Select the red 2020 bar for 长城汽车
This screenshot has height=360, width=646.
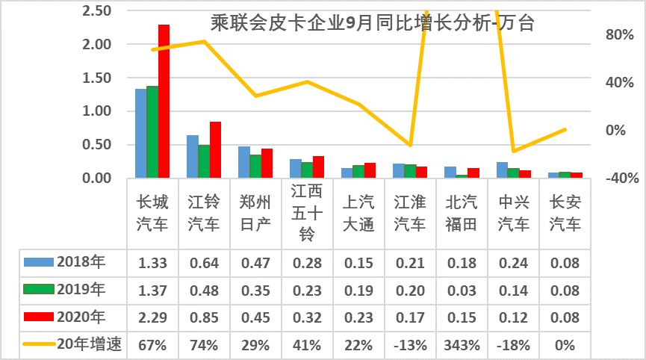point(164,101)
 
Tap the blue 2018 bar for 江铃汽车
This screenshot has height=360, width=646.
point(192,156)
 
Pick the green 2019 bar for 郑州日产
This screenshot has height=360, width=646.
point(255,166)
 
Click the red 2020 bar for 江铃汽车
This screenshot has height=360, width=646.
point(215,149)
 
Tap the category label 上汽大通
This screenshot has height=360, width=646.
point(358,213)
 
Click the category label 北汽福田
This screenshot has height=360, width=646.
point(462,213)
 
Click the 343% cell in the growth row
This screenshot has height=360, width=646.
point(462,344)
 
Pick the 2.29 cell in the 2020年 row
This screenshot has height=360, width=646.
point(152,317)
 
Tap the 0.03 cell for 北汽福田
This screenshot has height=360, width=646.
point(462,289)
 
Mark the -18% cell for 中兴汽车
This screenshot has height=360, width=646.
point(513,344)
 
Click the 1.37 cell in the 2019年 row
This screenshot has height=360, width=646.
point(152,289)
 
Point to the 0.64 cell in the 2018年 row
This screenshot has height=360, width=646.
point(203,262)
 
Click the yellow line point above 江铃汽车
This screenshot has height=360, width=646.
point(204,41)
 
